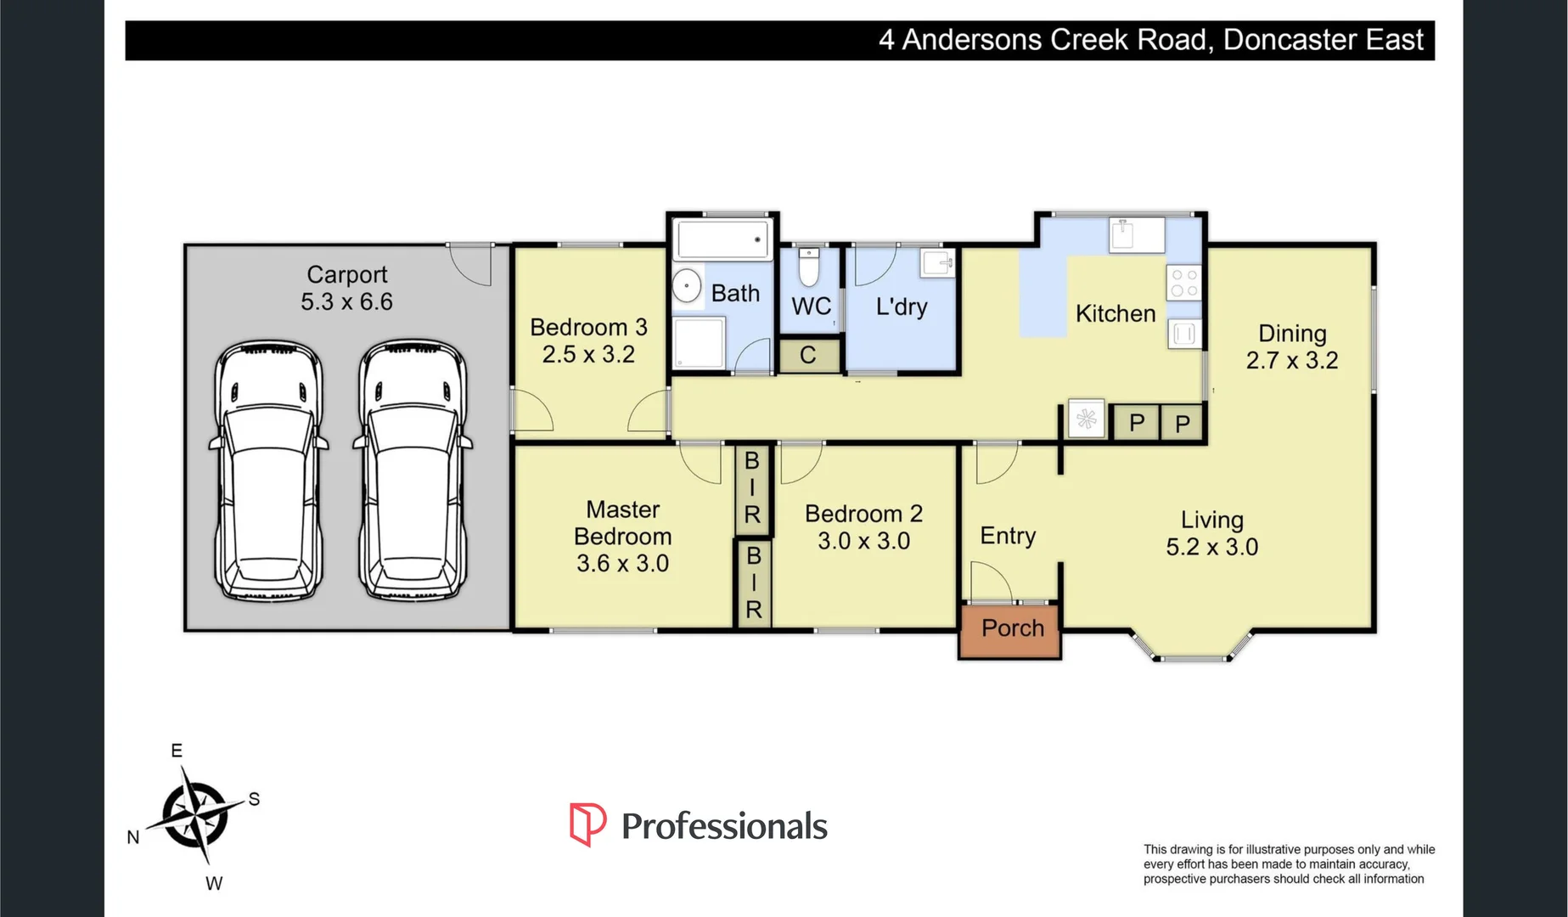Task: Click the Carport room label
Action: pyautogui.click(x=346, y=275)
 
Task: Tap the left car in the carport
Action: pyautogui.click(x=268, y=472)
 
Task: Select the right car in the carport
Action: pyautogui.click(x=413, y=472)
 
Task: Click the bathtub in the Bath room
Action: pyautogui.click(x=722, y=239)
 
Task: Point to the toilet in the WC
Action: pyautogui.click(x=809, y=267)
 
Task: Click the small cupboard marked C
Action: pyautogui.click(x=808, y=355)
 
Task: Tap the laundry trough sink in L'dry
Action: pyautogui.click(x=937, y=263)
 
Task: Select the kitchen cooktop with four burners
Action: pyautogui.click(x=1184, y=283)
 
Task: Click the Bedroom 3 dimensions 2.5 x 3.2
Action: pyautogui.click(x=588, y=354)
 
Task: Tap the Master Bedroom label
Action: pyautogui.click(x=622, y=522)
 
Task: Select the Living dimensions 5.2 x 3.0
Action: pyautogui.click(x=1211, y=547)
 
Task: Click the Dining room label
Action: pyautogui.click(x=1291, y=334)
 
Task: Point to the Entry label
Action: pyautogui.click(x=1008, y=536)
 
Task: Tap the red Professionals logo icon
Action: pyautogui.click(x=587, y=824)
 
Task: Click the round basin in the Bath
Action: pyautogui.click(x=687, y=286)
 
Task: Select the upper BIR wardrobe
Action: pyautogui.click(x=752, y=488)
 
